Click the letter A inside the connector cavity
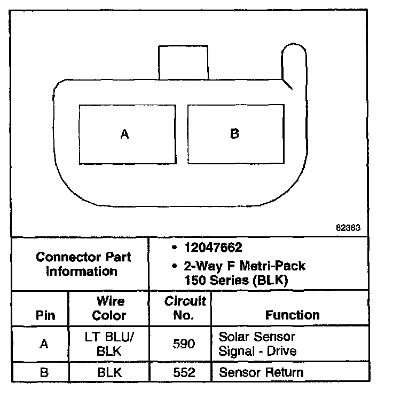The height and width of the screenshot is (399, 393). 124,134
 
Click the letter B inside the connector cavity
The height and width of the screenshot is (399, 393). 234,133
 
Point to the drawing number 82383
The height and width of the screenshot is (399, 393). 349,227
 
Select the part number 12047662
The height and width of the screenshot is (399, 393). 212,248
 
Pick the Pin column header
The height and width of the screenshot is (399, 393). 45,315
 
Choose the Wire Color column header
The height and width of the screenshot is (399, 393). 109,308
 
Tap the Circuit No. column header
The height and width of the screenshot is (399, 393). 184,308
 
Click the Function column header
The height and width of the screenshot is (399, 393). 292,315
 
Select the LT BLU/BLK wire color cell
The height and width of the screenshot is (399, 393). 109,344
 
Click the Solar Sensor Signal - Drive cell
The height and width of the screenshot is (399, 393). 257,344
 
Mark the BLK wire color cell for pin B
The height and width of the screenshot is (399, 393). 109,372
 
